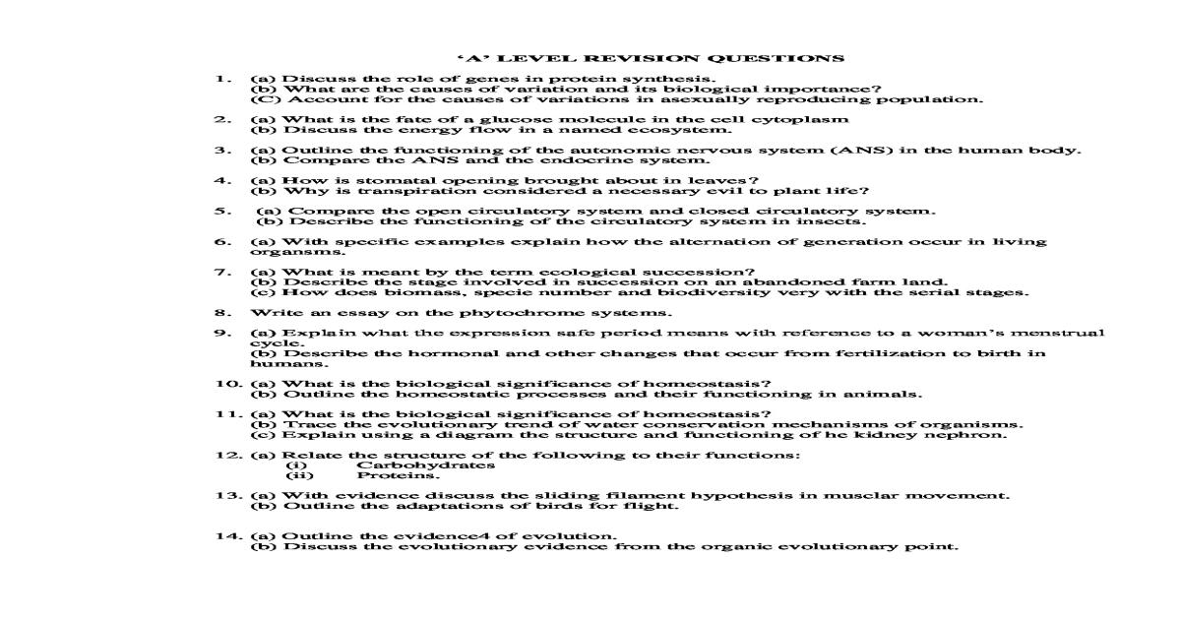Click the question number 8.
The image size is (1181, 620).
pyautogui.click(x=221, y=313)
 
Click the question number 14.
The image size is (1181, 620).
pyautogui.click(x=227, y=535)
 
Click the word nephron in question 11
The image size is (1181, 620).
pyautogui.click(x=972, y=434)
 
